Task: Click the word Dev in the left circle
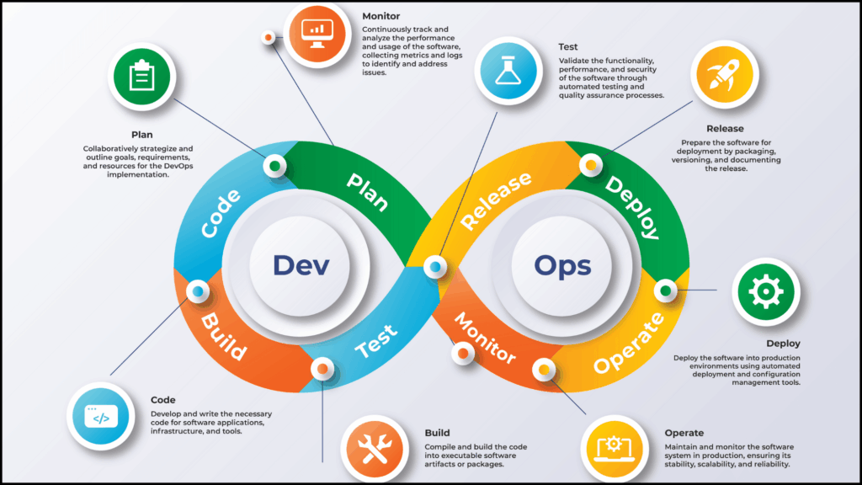click(301, 265)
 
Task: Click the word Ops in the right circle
click(562, 266)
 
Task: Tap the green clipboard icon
click(141, 77)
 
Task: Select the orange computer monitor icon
click(317, 34)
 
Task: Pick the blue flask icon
click(508, 71)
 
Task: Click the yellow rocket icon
click(725, 74)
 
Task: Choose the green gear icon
click(766, 291)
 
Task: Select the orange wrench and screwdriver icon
click(375, 449)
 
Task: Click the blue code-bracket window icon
click(101, 416)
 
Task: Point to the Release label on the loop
click(496, 200)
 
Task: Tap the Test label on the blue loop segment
click(376, 341)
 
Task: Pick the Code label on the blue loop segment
click(221, 213)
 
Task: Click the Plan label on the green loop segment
click(368, 191)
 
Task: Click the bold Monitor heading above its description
click(381, 17)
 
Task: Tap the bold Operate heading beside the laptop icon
click(684, 433)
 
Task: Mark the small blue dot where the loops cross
click(435, 267)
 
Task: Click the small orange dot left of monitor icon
click(269, 37)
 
